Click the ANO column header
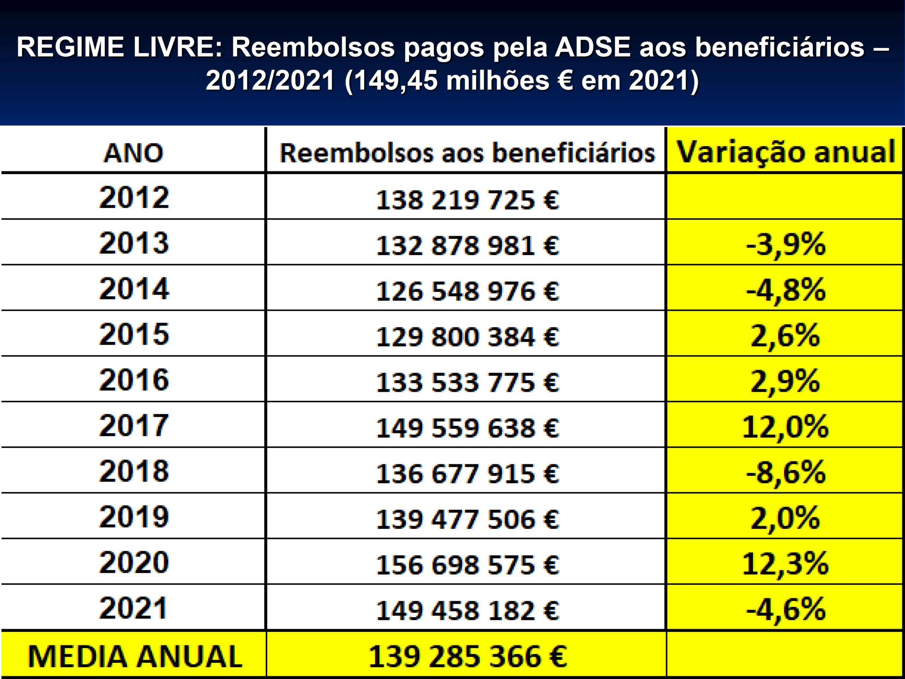(133, 153)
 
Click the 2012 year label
(134, 198)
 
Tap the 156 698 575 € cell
(467, 565)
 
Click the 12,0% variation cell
(785, 427)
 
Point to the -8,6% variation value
(785, 473)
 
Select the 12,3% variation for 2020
(785, 564)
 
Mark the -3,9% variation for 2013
(785, 245)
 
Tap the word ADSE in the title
(590, 47)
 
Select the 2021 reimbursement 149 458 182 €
(467, 611)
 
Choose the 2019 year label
(134, 517)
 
